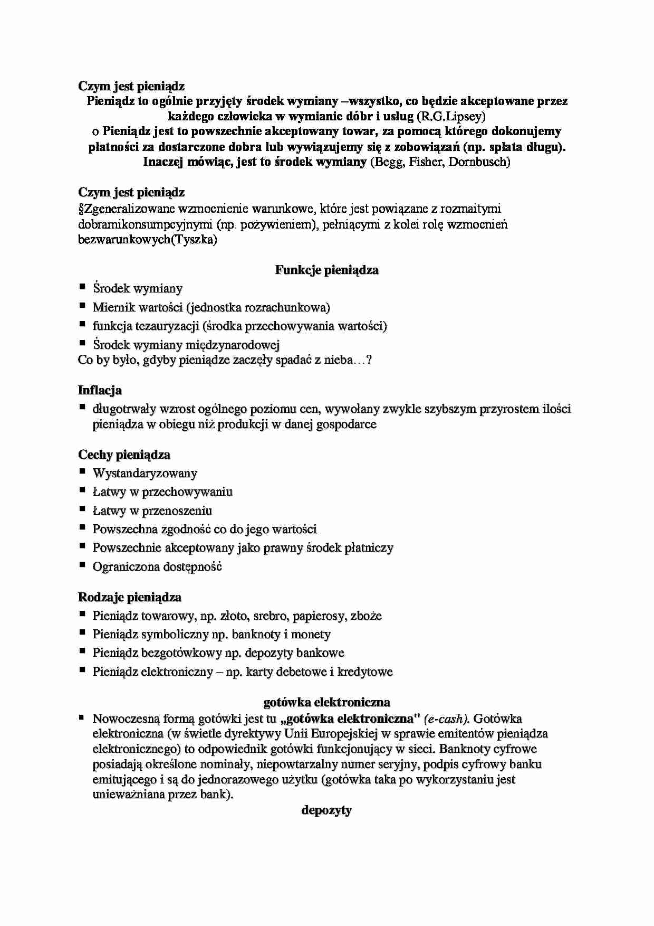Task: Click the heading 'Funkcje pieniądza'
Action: (x=326, y=270)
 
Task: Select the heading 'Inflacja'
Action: (x=100, y=391)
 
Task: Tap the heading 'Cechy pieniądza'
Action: (x=124, y=455)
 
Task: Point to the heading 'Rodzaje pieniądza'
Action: (x=130, y=598)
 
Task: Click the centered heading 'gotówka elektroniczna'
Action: (x=326, y=703)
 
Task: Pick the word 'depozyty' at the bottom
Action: (x=326, y=810)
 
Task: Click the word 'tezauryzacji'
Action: (x=167, y=326)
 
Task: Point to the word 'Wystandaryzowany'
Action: (x=145, y=474)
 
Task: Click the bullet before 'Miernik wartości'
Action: (x=82, y=306)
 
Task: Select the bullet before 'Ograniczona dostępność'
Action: (x=82, y=565)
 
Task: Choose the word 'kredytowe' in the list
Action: (x=365, y=672)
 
